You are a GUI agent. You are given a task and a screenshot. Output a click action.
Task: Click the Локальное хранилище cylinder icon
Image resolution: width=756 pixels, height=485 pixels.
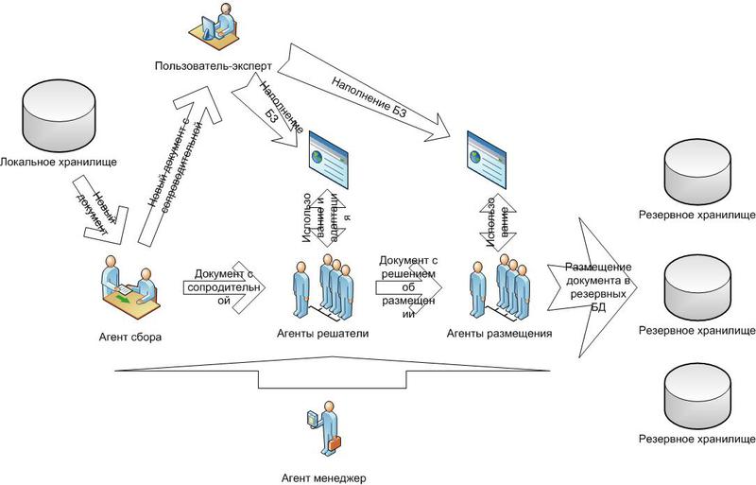point(59,113)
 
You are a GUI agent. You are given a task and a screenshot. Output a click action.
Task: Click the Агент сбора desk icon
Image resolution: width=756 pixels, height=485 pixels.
point(129,283)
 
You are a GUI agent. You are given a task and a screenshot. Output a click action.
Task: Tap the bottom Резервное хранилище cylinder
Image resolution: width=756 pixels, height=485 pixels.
point(697,395)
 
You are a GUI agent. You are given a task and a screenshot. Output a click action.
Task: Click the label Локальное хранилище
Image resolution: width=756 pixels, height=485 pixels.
point(59,163)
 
